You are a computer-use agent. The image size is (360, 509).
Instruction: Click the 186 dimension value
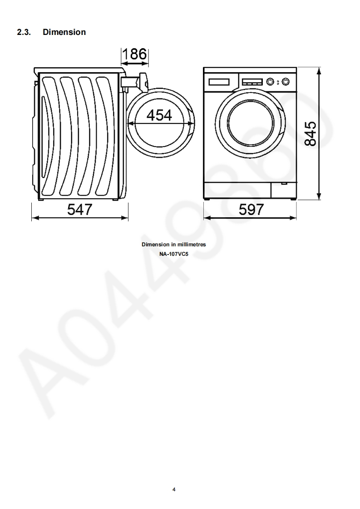[x=134, y=54]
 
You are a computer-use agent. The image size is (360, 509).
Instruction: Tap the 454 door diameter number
[x=159, y=115]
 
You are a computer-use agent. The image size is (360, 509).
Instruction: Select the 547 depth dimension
[x=80, y=210]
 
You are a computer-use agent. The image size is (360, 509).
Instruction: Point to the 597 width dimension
[x=251, y=210]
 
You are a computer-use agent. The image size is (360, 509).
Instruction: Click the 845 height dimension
[x=311, y=134]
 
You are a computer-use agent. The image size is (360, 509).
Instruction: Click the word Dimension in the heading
[x=64, y=32]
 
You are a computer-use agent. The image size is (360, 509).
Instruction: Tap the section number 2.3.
[x=24, y=32]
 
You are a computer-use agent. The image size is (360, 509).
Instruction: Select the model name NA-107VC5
[x=174, y=254]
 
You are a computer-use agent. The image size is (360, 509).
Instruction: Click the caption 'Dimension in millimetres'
[x=174, y=245]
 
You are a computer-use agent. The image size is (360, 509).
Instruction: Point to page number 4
[x=174, y=489]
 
